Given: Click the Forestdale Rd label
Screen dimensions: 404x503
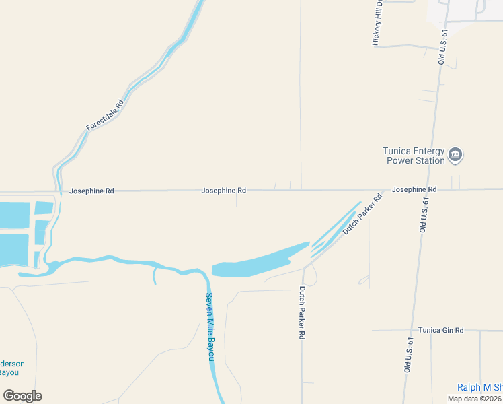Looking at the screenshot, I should (106, 115).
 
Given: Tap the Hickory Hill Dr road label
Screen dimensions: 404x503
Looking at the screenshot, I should (378, 23).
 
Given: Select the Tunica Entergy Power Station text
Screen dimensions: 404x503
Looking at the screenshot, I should (414, 156).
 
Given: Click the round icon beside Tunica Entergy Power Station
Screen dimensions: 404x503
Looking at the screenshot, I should (455, 156).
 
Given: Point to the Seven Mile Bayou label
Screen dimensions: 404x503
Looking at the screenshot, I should (210, 327).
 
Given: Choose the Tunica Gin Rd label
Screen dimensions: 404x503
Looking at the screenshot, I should (440, 330).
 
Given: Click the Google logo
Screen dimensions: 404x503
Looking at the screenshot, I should (22, 396).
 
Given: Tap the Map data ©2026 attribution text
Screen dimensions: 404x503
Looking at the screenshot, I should (474, 399).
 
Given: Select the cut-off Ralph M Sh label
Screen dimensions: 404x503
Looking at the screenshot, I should (479, 387).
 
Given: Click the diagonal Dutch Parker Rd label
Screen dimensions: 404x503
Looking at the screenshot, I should (362, 214).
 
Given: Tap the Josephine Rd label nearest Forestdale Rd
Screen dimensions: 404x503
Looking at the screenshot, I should (91, 191).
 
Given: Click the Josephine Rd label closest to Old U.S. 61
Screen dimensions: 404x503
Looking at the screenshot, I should (414, 190).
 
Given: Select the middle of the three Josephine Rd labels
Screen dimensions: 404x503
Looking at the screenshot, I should (223, 191).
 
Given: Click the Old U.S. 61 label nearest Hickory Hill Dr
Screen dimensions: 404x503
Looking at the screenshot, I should (442, 47).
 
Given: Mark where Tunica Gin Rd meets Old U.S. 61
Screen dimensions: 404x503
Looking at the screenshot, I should (410, 330).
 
